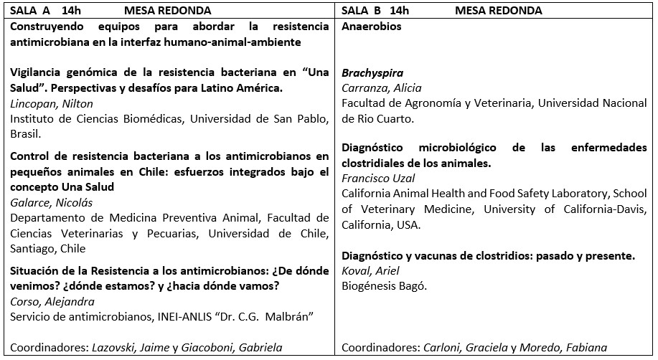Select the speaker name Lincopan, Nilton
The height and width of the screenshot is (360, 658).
(x=42, y=104)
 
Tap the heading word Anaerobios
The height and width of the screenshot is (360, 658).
(x=371, y=27)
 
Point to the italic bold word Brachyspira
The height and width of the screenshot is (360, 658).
(x=372, y=73)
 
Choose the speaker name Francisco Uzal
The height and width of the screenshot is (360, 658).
(x=377, y=178)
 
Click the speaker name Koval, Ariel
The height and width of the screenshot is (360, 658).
(x=370, y=271)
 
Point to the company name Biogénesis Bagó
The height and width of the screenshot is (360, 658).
(x=384, y=286)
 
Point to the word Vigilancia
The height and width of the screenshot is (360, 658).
(x=34, y=73)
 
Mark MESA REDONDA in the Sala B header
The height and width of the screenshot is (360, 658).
(x=498, y=11)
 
